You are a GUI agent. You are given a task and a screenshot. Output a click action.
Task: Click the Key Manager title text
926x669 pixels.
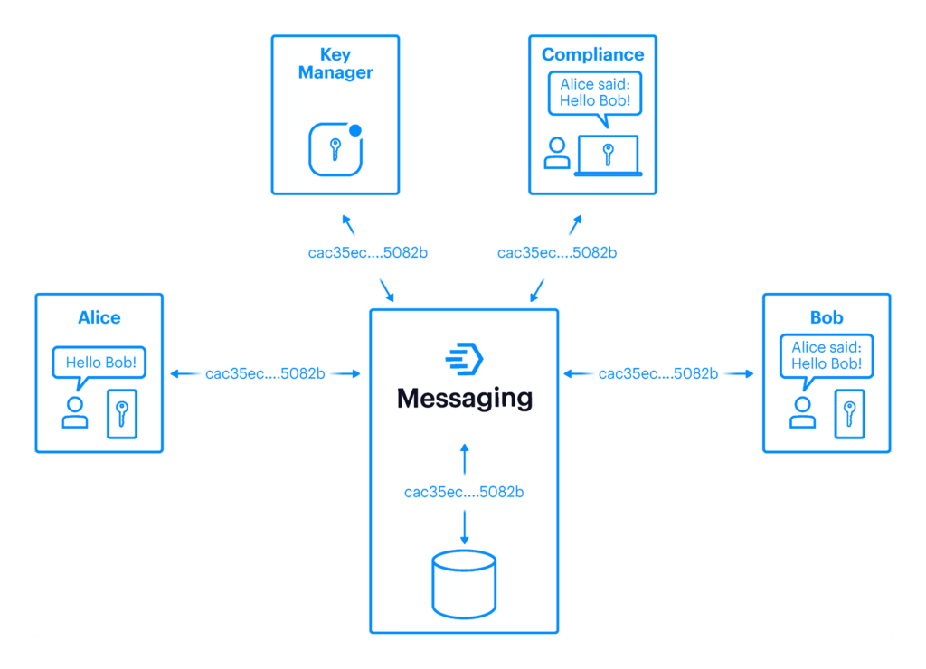click(x=335, y=63)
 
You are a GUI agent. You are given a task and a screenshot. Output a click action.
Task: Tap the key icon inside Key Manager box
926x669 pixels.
click(x=335, y=149)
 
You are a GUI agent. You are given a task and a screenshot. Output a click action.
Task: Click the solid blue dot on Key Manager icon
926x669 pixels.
click(x=355, y=130)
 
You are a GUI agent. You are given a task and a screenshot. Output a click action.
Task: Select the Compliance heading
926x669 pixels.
click(x=592, y=54)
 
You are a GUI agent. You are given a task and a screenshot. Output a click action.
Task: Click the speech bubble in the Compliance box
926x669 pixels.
click(x=594, y=92)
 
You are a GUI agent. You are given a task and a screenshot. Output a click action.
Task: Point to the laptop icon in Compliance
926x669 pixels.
click(x=609, y=155)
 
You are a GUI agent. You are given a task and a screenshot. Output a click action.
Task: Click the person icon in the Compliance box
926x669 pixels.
click(x=557, y=153)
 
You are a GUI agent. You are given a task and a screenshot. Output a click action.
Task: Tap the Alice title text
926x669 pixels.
click(x=99, y=317)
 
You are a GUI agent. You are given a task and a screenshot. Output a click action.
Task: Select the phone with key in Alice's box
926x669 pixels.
click(x=122, y=414)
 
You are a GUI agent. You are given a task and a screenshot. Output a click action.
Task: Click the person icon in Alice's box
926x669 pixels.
click(x=75, y=412)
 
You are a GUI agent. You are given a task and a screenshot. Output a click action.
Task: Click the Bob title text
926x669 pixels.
click(x=827, y=317)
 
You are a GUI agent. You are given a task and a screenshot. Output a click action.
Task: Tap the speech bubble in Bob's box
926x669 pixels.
click(x=827, y=355)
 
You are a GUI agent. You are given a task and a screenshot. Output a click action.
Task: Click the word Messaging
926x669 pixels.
click(x=465, y=398)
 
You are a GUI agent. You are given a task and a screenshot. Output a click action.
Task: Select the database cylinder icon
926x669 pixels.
click(x=464, y=583)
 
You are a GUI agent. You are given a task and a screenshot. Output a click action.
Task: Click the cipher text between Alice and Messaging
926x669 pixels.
click(x=265, y=373)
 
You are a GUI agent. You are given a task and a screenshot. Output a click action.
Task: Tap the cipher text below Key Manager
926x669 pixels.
click(x=367, y=253)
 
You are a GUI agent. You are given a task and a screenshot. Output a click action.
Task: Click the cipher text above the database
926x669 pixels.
click(x=464, y=493)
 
